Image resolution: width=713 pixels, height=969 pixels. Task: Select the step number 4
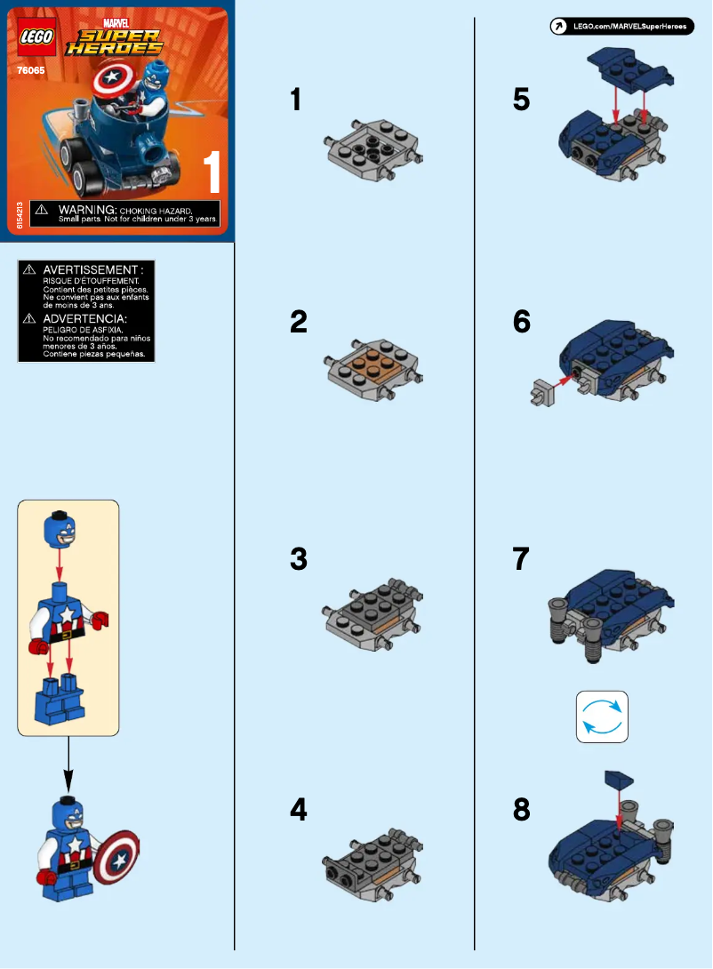coord(300,810)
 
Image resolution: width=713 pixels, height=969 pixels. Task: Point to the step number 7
coord(522,559)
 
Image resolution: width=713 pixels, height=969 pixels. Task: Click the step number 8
coord(522,810)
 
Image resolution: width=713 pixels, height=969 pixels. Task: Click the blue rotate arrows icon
coord(602,717)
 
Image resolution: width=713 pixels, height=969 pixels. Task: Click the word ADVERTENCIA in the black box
coord(85,318)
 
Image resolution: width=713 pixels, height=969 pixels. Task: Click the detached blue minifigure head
coord(60,531)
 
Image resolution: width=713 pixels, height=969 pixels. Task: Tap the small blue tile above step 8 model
coord(618,781)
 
